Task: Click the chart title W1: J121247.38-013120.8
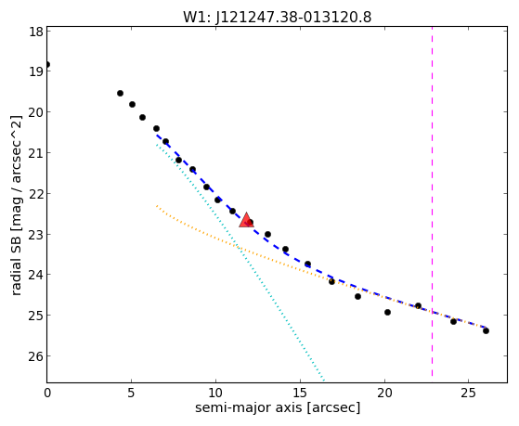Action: (277, 17)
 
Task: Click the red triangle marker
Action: (246, 220)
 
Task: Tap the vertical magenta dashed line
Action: (432, 201)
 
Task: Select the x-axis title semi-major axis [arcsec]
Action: (278, 407)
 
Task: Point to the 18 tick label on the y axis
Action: (36, 32)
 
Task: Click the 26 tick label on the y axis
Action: (36, 356)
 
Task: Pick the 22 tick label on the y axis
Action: (36, 194)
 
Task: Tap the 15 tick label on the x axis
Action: (300, 393)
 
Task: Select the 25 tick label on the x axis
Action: (468, 393)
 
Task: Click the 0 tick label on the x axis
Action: (47, 393)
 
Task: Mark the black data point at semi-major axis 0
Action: (47, 65)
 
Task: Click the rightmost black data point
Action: (486, 330)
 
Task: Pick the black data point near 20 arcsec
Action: (387, 312)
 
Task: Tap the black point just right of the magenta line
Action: (453, 321)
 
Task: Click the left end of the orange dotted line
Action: (157, 206)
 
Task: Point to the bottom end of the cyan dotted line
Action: (324, 381)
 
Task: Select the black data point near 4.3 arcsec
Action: (120, 94)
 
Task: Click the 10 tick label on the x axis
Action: (215, 393)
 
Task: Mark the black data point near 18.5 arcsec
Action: (357, 297)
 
